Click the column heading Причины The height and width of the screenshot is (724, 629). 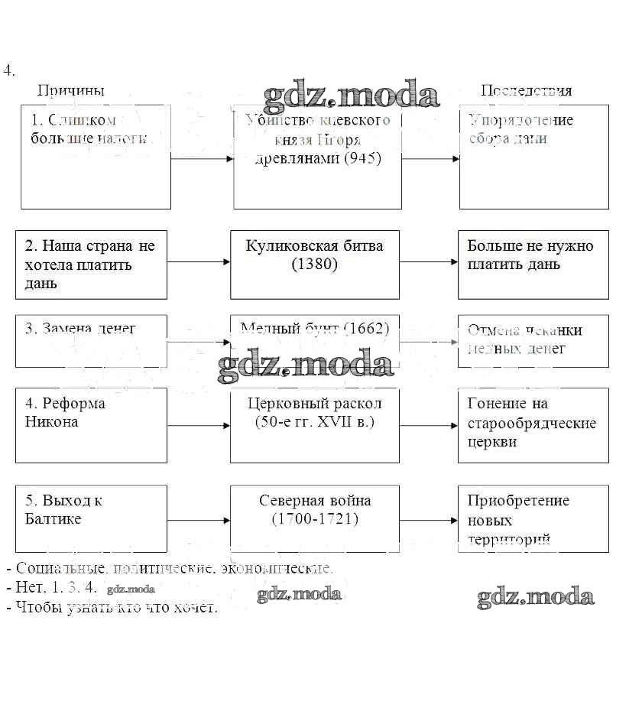coord(71,90)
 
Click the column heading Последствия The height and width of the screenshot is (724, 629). coord(526,90)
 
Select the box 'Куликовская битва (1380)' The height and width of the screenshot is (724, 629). coord(314,265)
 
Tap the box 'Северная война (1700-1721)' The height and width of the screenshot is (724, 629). coord(314,518)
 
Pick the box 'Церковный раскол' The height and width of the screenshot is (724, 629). coord(314,425)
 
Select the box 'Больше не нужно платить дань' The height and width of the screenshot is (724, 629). coord(533,265)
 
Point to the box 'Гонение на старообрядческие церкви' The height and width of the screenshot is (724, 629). coord(533,425)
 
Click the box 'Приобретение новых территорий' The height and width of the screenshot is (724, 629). coord(533,518)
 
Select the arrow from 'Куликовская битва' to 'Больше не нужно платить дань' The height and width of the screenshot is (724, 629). coord(428,261)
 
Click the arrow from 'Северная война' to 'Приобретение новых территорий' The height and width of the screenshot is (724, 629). coord(428,521)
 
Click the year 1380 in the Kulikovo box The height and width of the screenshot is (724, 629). coord(314,265)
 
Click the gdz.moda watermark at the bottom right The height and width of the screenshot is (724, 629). coord(535,597)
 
